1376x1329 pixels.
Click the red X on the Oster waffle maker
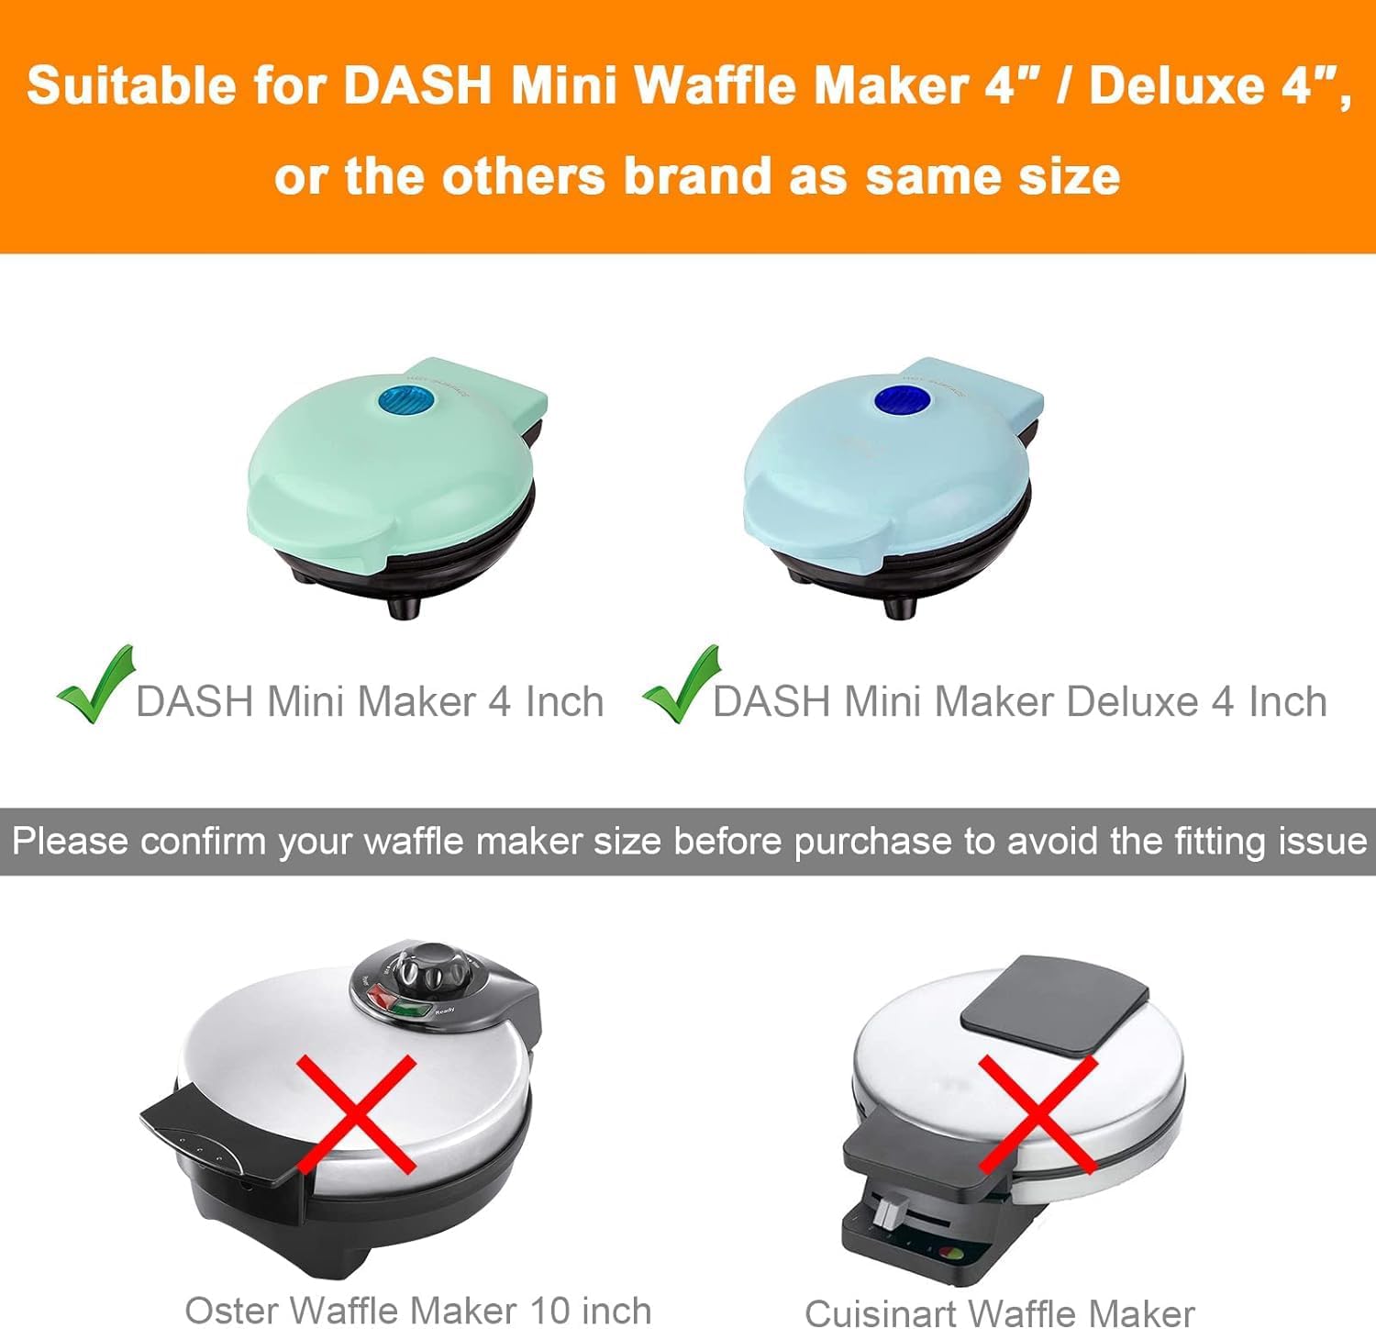coord(357,1113)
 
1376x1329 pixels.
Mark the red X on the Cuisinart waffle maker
coord(1038,1113)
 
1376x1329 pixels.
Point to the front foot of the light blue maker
coord(900,605)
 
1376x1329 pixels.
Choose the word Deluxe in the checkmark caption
coord(1132,702)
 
